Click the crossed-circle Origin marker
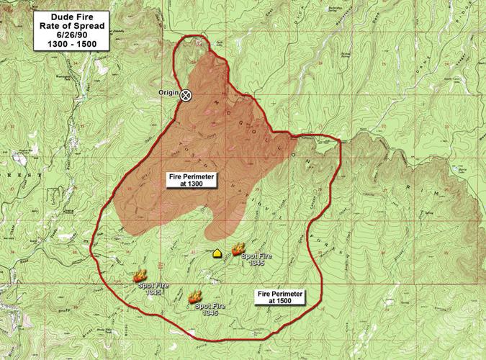pos(185,94)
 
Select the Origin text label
pos(168,94)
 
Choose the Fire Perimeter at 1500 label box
pos(280,298)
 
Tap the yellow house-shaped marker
pos(217,253)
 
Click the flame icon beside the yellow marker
pos(238,250)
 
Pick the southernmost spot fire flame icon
pos(194,296)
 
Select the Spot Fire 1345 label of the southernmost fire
pos(210,310)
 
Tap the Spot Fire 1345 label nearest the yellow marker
pos(256,260)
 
